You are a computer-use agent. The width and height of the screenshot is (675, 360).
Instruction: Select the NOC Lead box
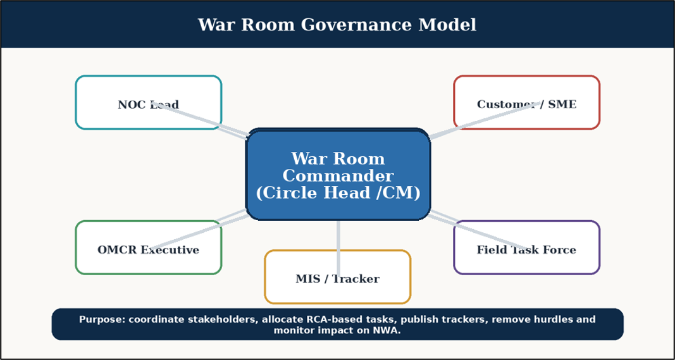pyautogui.click(x=149, y=102)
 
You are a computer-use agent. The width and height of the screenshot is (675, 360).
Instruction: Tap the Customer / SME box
pyautogui.click(x=526, y=102)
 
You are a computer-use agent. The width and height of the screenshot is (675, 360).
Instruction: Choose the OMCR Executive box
pyautogui.click(x=149, y=247)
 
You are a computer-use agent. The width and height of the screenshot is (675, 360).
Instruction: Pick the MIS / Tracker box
pyautogui.click(x=338, y=277)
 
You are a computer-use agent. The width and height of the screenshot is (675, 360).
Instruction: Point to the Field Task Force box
pyautogui.click(x=526, y=247)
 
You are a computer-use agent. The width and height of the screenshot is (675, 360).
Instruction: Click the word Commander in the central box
pyautogui.click(x=338, y=176)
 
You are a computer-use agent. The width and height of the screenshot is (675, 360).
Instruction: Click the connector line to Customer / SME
pyautogui.click(x=485, y=120)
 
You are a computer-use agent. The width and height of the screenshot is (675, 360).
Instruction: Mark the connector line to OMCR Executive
pyautogui.click(x=199, y=230)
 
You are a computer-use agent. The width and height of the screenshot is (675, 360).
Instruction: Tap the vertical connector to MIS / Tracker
pyautogui.click(x=338, y=249)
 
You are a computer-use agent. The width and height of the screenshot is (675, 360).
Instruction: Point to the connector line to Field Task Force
pyautogui.click(x=478, y=230)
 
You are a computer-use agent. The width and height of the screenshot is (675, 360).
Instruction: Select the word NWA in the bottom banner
pyautogui.click(x=387, y=331)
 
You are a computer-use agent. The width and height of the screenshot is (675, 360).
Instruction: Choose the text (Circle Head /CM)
pyautogui.click(x=338, y=194)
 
